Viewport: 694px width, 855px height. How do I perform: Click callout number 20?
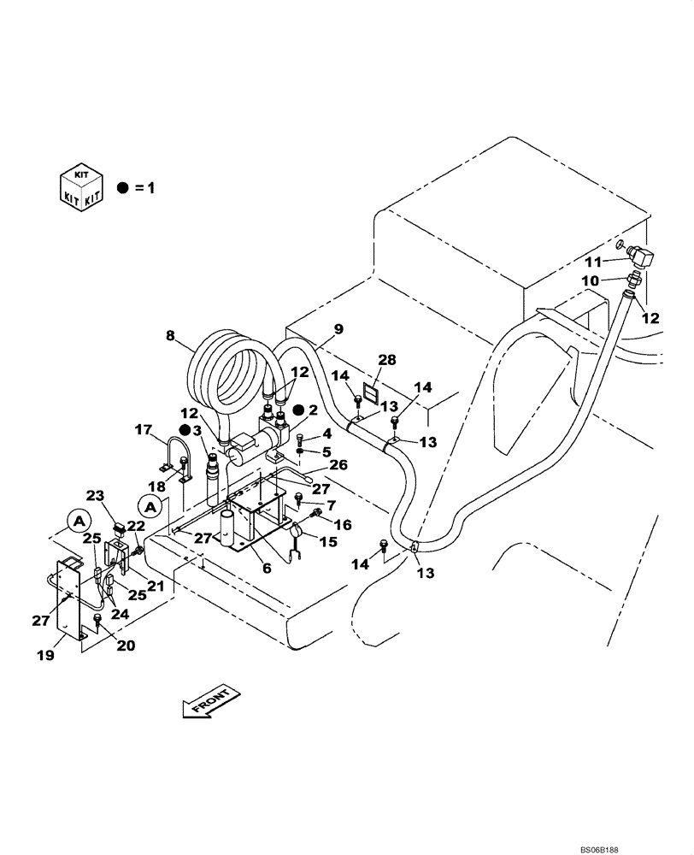[x=125, y=646]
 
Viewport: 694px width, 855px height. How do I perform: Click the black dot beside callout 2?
[x=298, y=410]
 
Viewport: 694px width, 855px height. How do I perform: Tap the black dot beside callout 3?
[x=185, y=430]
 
